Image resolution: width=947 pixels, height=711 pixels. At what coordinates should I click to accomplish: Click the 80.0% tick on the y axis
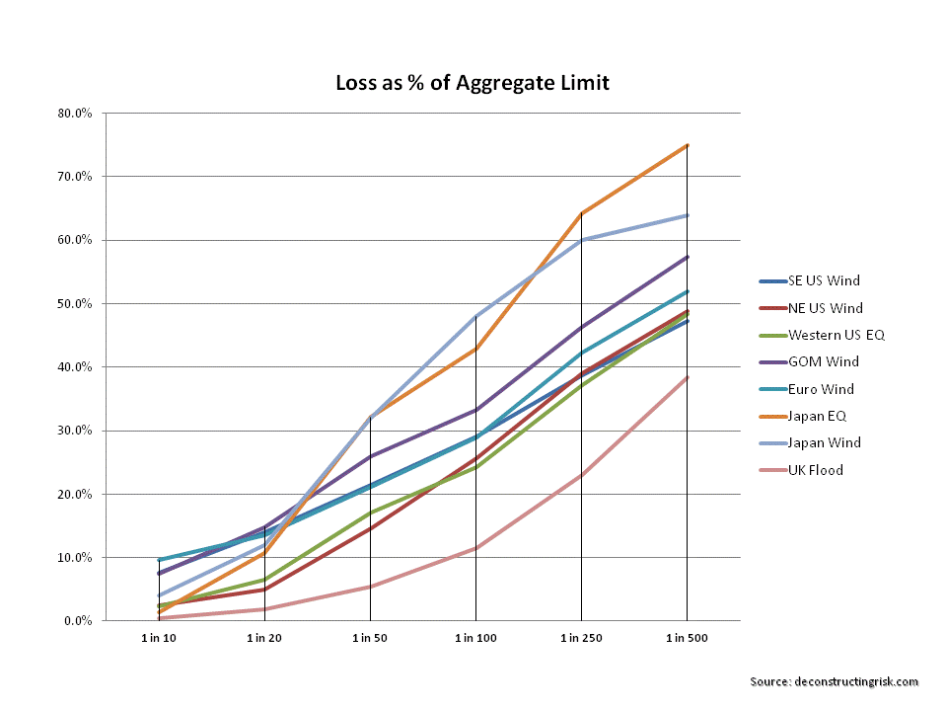coord(75,114)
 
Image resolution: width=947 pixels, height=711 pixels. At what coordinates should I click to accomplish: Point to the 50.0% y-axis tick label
coord(75,303)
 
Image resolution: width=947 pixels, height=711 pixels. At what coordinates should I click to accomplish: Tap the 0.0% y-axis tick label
coord(78,621)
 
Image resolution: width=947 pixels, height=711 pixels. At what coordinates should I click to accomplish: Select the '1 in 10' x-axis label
coord(158,639)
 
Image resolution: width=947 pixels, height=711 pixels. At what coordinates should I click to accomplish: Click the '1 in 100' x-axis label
coord(475,639)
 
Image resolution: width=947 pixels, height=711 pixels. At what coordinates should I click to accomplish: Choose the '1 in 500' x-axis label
coord(687,639)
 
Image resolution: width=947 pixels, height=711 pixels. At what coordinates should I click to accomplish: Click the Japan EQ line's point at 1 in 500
coord(687,145)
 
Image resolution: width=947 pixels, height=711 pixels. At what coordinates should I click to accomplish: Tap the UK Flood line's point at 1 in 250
coord(581,475)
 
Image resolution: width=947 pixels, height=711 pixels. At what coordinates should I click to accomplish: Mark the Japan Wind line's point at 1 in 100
coord(475,316)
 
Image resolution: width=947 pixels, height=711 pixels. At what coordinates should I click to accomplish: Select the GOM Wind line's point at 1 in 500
coord(687,257)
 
